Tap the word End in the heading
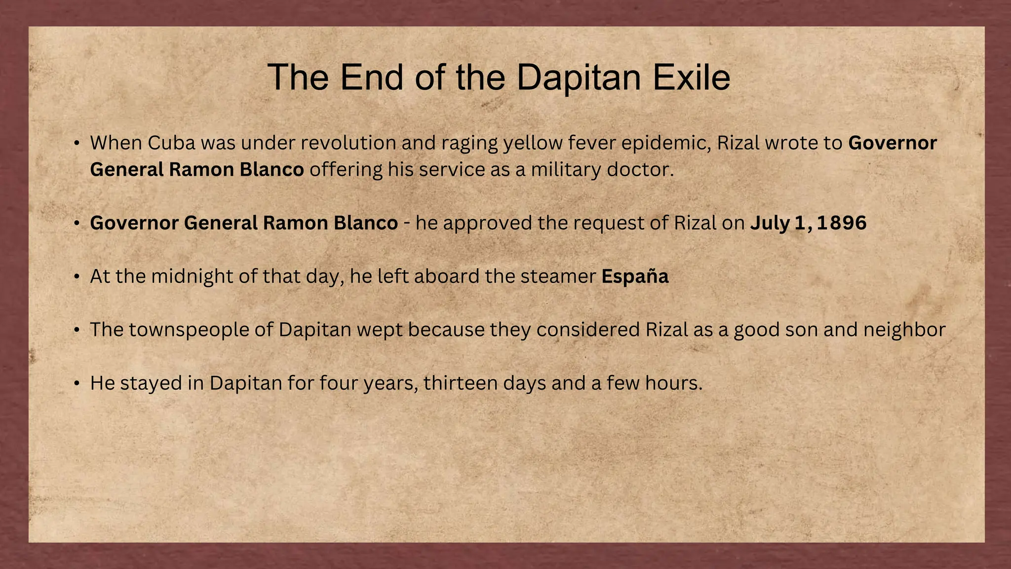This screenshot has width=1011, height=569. coord(371,78)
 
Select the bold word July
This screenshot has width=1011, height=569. coord(770,223)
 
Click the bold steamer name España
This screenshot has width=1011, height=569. coord(635,276)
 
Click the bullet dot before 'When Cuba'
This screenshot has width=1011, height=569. coord(77,143)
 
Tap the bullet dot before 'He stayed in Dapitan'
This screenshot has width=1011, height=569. coord(77,383)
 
